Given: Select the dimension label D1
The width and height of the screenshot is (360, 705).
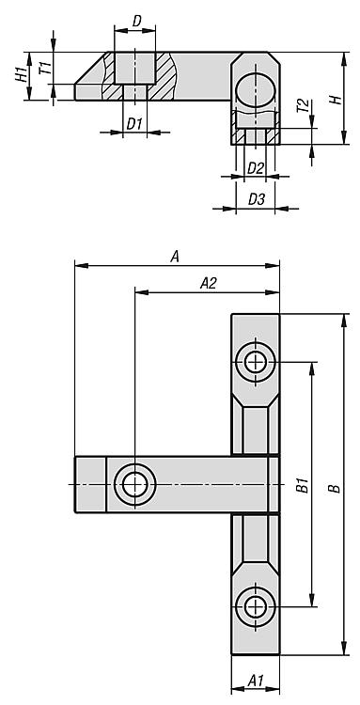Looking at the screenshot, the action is coord(134,124).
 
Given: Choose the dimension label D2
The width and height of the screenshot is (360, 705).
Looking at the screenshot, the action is coord(256,168).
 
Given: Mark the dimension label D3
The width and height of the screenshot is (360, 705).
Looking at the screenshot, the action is coord(257,199).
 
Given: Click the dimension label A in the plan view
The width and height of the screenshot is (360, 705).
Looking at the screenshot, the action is coord(175,257).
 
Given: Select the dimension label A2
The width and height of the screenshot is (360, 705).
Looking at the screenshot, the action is coord(208,283).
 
